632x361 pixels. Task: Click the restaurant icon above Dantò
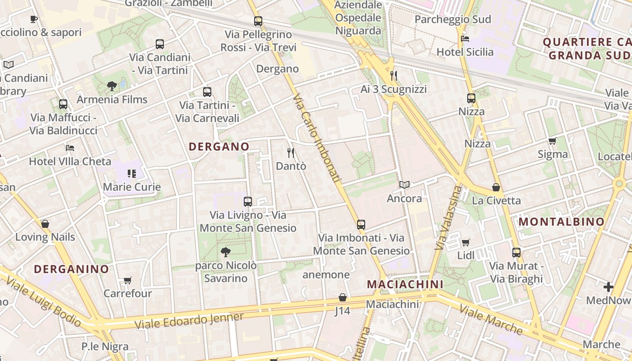click(x=291, y=153)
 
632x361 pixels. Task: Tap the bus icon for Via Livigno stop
click(x=247, y=202)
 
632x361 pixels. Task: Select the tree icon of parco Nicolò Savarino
click(x=226, y=252)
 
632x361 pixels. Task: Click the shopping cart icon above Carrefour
click(x=128, y=281)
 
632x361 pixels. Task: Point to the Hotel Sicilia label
click(x=465, y=52)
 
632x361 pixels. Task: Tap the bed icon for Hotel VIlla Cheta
click(x=70, y=148)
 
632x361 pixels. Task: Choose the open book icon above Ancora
click(x=404, y=185)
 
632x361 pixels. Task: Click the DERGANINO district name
click(x=71, y=269)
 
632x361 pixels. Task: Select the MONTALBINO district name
click(x=561, y=222)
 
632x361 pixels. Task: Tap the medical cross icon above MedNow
click(x=608, y=287)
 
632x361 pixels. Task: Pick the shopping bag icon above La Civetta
click(x=496, y=187)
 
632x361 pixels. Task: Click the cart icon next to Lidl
click(x=466, y=243)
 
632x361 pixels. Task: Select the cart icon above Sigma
click(x=552, y=141)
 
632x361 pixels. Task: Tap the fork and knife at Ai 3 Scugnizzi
click(x=394, y=75)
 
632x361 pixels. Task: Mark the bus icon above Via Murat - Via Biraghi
click(x=516, y=253)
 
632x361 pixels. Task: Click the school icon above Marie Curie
click(x=132, y=174)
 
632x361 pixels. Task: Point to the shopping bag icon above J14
click(x=343, y=298)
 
